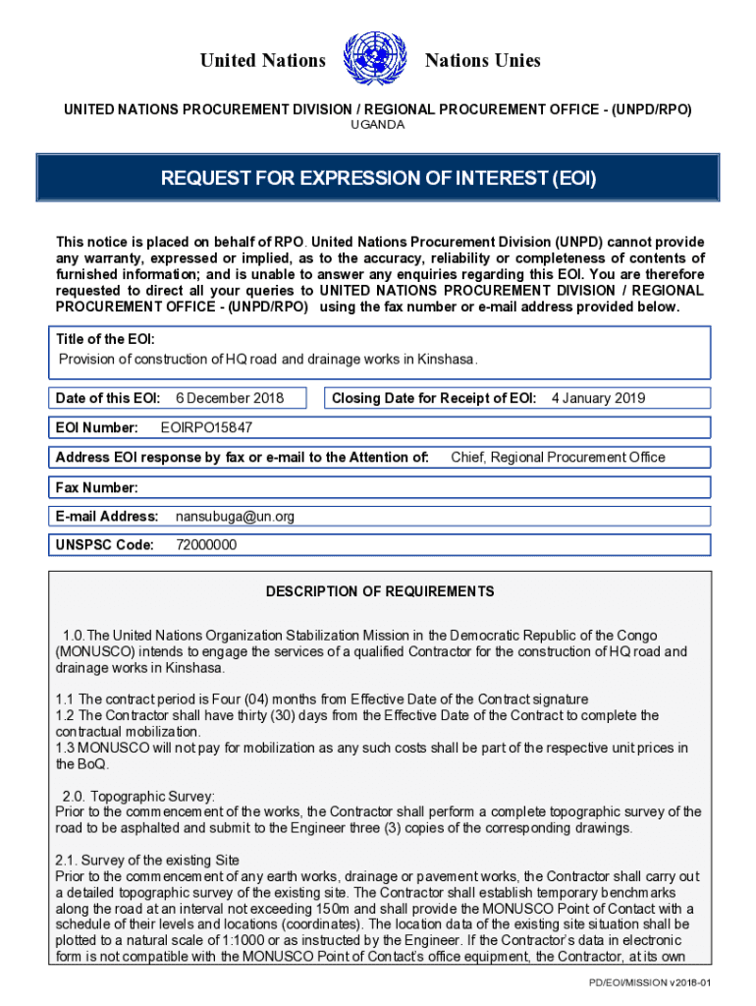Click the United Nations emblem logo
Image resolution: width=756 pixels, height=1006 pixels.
(376, 59)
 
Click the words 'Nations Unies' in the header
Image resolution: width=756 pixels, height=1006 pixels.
(482, 61)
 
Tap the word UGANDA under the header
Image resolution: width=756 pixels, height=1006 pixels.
(378, 125)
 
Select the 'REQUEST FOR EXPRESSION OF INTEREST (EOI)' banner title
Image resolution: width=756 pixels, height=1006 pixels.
(378, 179)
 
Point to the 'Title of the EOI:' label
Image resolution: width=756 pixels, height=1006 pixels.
(105, 339)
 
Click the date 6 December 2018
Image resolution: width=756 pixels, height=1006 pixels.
(230, 398)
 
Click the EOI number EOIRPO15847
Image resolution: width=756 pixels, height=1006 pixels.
(206, 427)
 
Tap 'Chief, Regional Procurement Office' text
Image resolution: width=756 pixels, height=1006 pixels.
(558, 457)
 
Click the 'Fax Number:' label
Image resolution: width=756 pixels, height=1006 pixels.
(97, 487)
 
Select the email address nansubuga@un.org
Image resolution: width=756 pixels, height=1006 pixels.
(235, 516)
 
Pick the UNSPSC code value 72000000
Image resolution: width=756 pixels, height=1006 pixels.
(206, 545)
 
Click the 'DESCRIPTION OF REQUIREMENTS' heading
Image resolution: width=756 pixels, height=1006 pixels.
(380, 591)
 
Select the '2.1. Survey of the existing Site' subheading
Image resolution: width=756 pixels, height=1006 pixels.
(147, 860)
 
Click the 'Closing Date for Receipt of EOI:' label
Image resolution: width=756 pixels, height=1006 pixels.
(434, 398)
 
